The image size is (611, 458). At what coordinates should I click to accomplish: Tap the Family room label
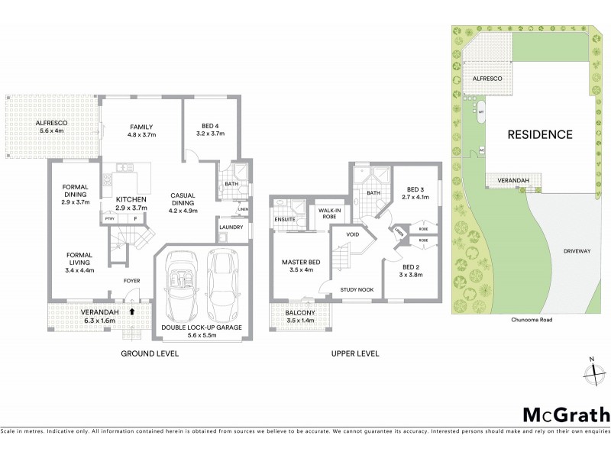(x=142, y=131)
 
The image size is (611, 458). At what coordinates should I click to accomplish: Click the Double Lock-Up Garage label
(x=202, y=331)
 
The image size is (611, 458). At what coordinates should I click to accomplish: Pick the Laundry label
(x=231, y=227)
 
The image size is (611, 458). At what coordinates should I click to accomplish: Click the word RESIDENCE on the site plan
(x=540, y=134)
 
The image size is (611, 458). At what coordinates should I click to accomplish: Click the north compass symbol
(x=592, y=372)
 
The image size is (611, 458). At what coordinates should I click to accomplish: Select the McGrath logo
(x=566, y=414)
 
